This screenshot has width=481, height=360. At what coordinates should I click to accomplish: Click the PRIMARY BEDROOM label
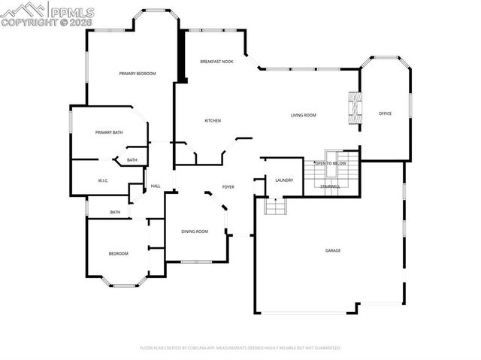click(x=138, y=74)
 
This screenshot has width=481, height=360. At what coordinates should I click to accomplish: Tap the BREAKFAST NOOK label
click(x=216, y=61)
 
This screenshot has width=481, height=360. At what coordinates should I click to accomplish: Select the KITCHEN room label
click(x=213, y=120)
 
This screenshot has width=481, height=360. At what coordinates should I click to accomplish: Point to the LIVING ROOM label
click(x=304, y=115)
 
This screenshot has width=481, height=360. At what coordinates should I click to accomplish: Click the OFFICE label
click(x=385, y=113)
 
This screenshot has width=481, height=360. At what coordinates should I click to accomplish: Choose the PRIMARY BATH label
click(x=109, y=132)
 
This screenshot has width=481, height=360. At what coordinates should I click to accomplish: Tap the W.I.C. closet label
click(x=104, y=181)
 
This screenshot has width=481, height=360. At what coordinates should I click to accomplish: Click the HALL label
click(x=156, y=186)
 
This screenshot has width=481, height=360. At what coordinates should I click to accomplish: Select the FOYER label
click(x=228, y=186)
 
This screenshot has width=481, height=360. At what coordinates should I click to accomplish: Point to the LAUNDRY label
click(x=284, y=180)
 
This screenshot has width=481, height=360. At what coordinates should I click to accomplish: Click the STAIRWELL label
click(x=331, y=186)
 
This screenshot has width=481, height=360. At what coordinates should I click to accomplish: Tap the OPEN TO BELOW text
click(x=331, y=163)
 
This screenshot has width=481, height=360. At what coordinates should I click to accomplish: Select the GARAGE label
click(x=332, y=250)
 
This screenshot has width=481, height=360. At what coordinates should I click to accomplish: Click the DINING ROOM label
click(x=195, y=231)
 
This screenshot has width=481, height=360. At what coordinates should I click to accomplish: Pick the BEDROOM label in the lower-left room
click(x=118, y=253)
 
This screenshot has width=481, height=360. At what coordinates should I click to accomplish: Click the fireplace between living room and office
click(x=352, y=107)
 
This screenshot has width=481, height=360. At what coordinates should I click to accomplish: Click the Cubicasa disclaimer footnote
click(x=240, y=348)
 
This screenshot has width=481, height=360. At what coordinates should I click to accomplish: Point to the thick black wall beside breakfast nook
click(x=181, y=56)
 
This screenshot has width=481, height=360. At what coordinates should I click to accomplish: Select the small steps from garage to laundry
click(x=276, y=206)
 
